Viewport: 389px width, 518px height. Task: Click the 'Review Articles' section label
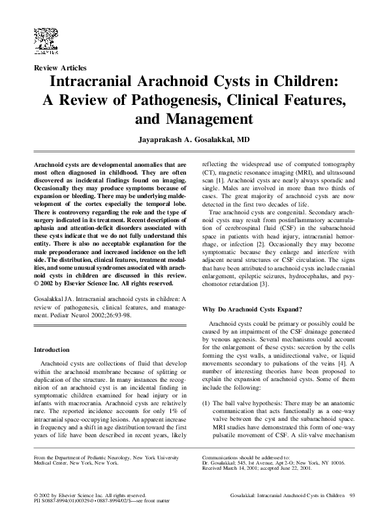pos(60,67)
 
